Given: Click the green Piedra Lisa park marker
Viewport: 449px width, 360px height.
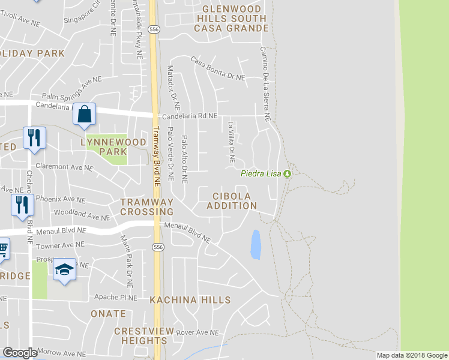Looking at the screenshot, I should pos(288,174).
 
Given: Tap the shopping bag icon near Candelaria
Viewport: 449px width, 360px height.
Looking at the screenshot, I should pos(85,113).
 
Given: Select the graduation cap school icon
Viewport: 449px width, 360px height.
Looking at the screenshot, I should pos(64,269).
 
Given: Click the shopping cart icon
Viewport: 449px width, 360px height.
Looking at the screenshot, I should pos(3,247).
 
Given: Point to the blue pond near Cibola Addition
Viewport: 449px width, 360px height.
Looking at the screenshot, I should pos(256,245).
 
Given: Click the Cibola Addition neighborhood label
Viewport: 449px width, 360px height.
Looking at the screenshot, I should pos(232,201).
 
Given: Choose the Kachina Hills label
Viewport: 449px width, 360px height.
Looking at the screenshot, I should pos(182,299).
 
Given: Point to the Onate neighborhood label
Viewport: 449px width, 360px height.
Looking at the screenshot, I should pos(108,314).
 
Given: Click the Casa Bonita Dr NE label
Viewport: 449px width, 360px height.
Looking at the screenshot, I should pos(218,69).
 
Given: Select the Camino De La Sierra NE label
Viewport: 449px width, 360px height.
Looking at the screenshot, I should pos(265,84).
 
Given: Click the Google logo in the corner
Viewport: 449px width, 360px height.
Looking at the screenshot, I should pos(20,353).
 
